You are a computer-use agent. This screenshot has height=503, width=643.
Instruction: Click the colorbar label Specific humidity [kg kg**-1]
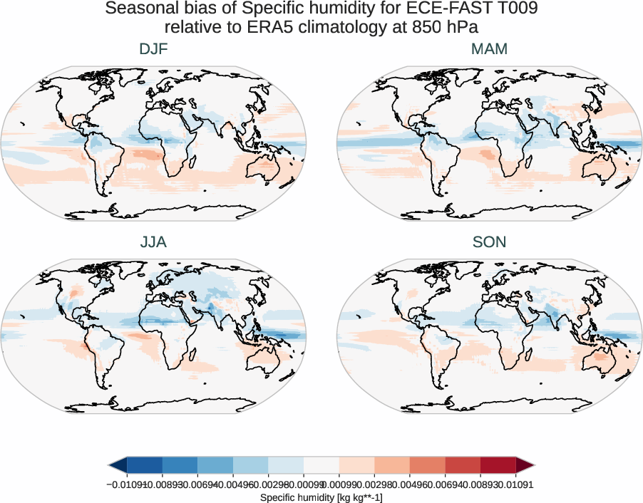click(321, 497)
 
